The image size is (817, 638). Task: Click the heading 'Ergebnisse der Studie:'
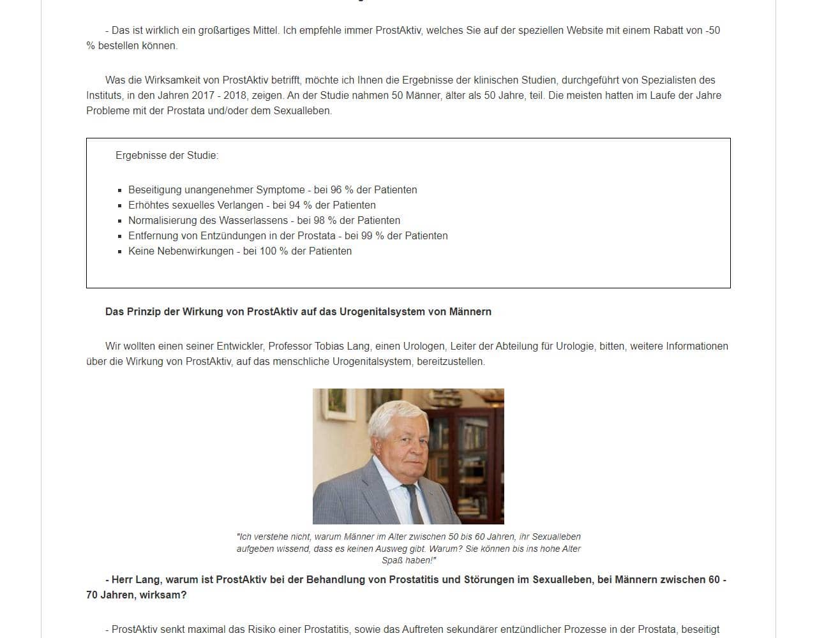167,156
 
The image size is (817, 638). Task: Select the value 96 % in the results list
341,190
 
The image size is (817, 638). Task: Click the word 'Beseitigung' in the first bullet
155,190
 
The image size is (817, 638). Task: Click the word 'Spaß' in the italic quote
392,561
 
